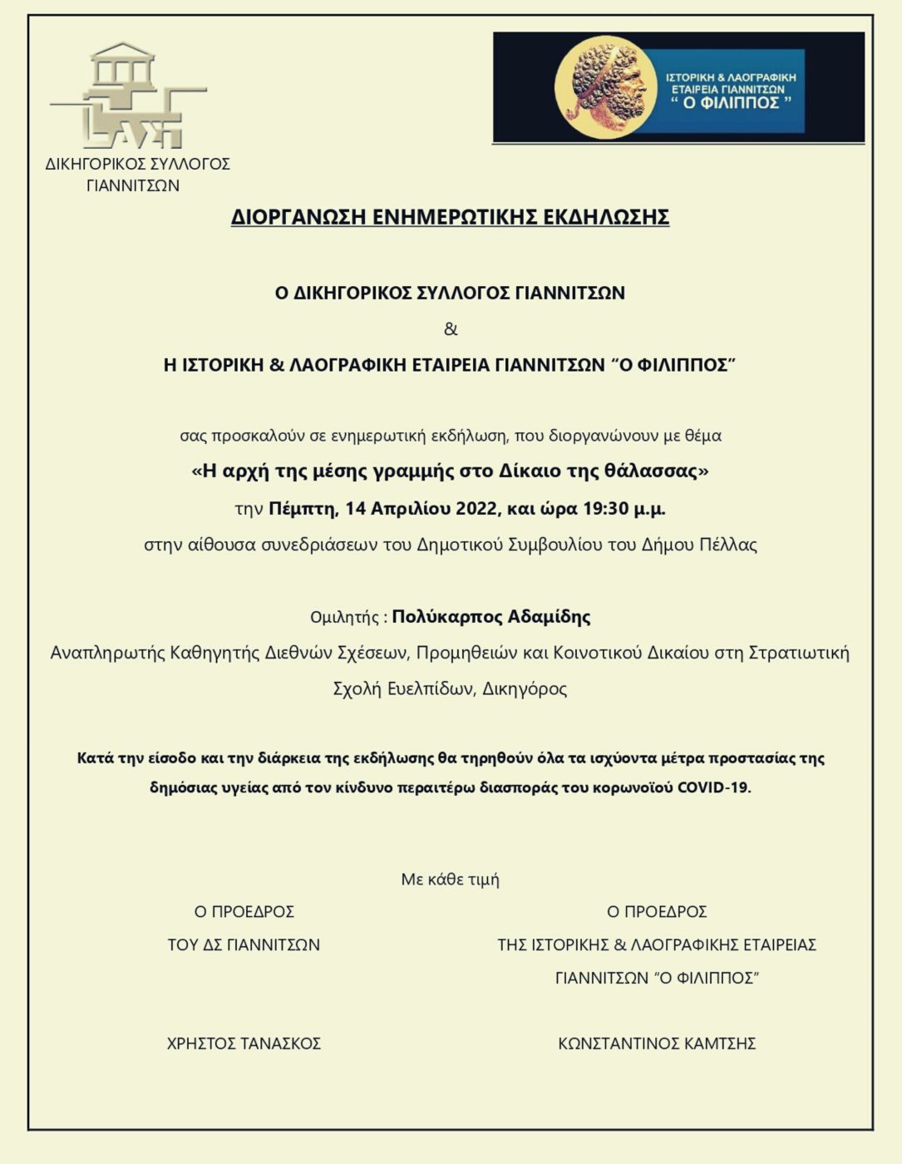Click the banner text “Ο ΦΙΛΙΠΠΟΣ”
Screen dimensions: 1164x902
(x=732, y=103)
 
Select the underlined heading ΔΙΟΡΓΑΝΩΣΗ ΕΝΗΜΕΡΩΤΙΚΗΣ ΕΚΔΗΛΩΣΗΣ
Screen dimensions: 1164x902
(x=450, y=217)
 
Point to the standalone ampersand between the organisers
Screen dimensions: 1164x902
(x=451, y=329)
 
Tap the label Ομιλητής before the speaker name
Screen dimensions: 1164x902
(x=344, y=618)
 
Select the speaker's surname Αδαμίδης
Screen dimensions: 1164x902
(x=550, y=617)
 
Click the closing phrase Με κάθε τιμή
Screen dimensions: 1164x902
(x=450, y=880)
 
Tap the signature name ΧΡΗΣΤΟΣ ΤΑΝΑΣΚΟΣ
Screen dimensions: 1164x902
(x=244, y=1043)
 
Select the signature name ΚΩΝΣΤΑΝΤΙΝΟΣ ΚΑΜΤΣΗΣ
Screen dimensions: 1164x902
(x=656, y=1043)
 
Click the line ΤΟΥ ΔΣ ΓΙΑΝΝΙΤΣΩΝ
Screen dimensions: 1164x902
(x=244, y=945)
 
